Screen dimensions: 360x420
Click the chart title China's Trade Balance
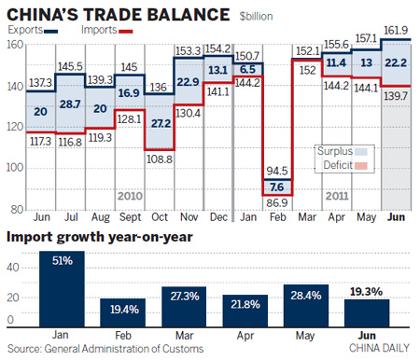tap(118, 14)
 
